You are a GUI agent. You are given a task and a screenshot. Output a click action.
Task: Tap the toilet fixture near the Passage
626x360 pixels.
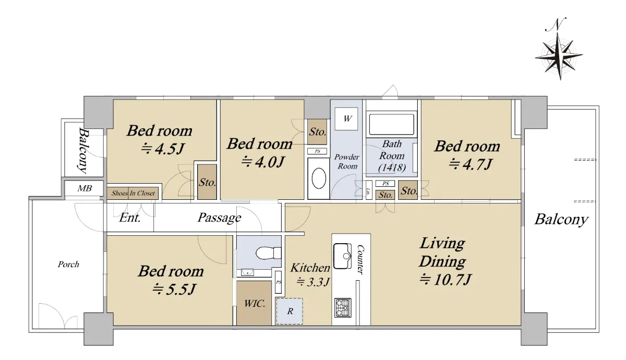(268, 253)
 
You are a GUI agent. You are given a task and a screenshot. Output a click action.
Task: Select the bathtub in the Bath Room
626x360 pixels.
(391, 124)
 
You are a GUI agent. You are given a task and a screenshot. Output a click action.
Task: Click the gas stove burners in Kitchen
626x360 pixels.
(343, 308)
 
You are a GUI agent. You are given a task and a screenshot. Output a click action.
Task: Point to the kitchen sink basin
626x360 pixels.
(343, 256)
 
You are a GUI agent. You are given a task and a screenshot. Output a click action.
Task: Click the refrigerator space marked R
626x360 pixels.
(290, 311)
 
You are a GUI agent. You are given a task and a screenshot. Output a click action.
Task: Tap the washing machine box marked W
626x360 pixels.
(346, 119)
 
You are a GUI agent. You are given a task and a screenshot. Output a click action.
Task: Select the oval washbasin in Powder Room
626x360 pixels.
(319, 178)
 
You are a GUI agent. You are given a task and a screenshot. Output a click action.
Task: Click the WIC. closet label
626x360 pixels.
(255, 303)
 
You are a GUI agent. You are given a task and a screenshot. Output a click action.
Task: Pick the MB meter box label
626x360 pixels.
(85, 188)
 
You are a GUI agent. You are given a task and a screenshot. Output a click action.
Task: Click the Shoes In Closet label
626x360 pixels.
(133, 193)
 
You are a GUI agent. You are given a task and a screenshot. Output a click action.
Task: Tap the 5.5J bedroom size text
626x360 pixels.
(174, 289)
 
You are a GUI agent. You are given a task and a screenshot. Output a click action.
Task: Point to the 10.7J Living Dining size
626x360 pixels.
(446, 279)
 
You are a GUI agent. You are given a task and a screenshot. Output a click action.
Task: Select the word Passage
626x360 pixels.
(220, 218)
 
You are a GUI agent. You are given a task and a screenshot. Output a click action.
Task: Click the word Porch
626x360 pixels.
(68, 264)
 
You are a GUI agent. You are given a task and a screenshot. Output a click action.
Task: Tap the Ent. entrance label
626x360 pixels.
(130, 218)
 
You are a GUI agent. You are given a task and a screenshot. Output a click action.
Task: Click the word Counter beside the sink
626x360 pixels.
(361, 260)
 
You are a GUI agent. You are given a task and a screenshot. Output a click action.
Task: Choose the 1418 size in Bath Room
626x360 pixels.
(392, 167)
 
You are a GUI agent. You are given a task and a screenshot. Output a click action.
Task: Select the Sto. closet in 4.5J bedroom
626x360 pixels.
(207, 182)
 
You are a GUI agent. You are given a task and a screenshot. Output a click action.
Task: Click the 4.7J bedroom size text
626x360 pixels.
(470, 164)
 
